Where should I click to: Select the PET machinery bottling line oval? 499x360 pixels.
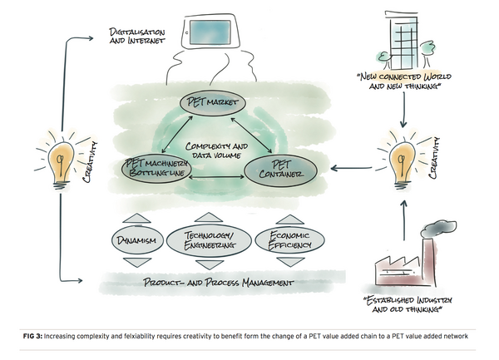coord(156,170)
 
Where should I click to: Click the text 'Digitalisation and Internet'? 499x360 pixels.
coord(136,35)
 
